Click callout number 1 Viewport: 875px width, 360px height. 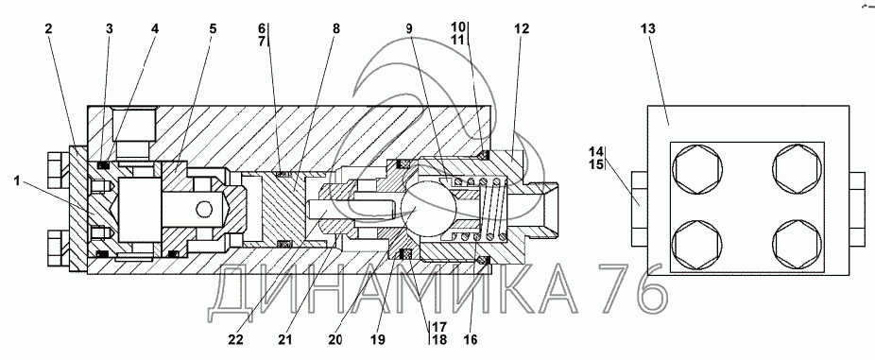click(17, 180)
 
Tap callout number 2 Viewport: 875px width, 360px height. click(49, 28)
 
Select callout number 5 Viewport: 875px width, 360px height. click(213, 28)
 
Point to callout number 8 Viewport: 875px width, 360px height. click(335, 28)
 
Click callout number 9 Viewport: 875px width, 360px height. click(410, 28)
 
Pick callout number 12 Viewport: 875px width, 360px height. click(522, 28)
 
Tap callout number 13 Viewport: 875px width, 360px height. click(648, 28)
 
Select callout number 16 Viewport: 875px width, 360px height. click(471, 339)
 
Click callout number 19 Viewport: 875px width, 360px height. click(378, 339)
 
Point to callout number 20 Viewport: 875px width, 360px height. click(335, 339)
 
